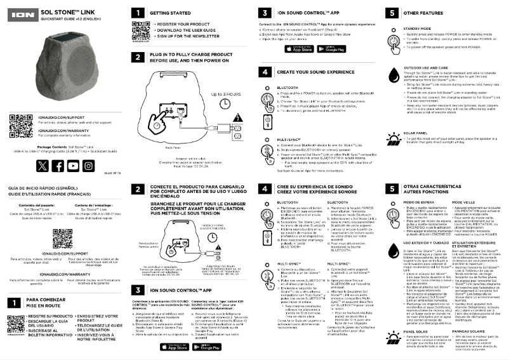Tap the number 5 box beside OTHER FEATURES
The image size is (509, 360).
coord(394,13)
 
